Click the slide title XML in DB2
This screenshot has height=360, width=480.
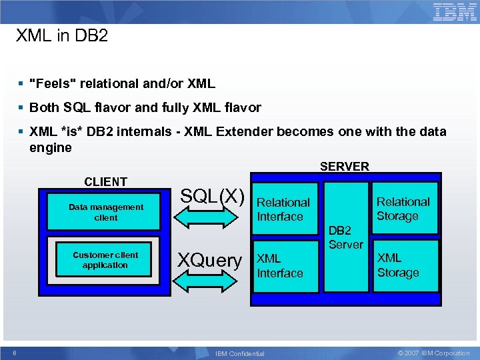pos(61,36)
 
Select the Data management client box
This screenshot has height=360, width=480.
pos(105,213)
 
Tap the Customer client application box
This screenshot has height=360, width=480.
pos(105,260)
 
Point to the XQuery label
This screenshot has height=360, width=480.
pos(209,260)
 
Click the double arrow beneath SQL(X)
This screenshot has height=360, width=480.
pos(210,225)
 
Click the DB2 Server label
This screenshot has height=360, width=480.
pos(345,237)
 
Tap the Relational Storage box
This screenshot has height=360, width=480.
pos(403,209)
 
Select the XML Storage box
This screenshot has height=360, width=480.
pos(398,265)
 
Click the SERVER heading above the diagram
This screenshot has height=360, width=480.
pos(344,167)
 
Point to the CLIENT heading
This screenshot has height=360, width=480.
pos(105,181)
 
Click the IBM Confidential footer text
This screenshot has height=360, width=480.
pos(239,353)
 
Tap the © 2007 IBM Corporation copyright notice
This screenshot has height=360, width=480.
pos(433,353)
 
